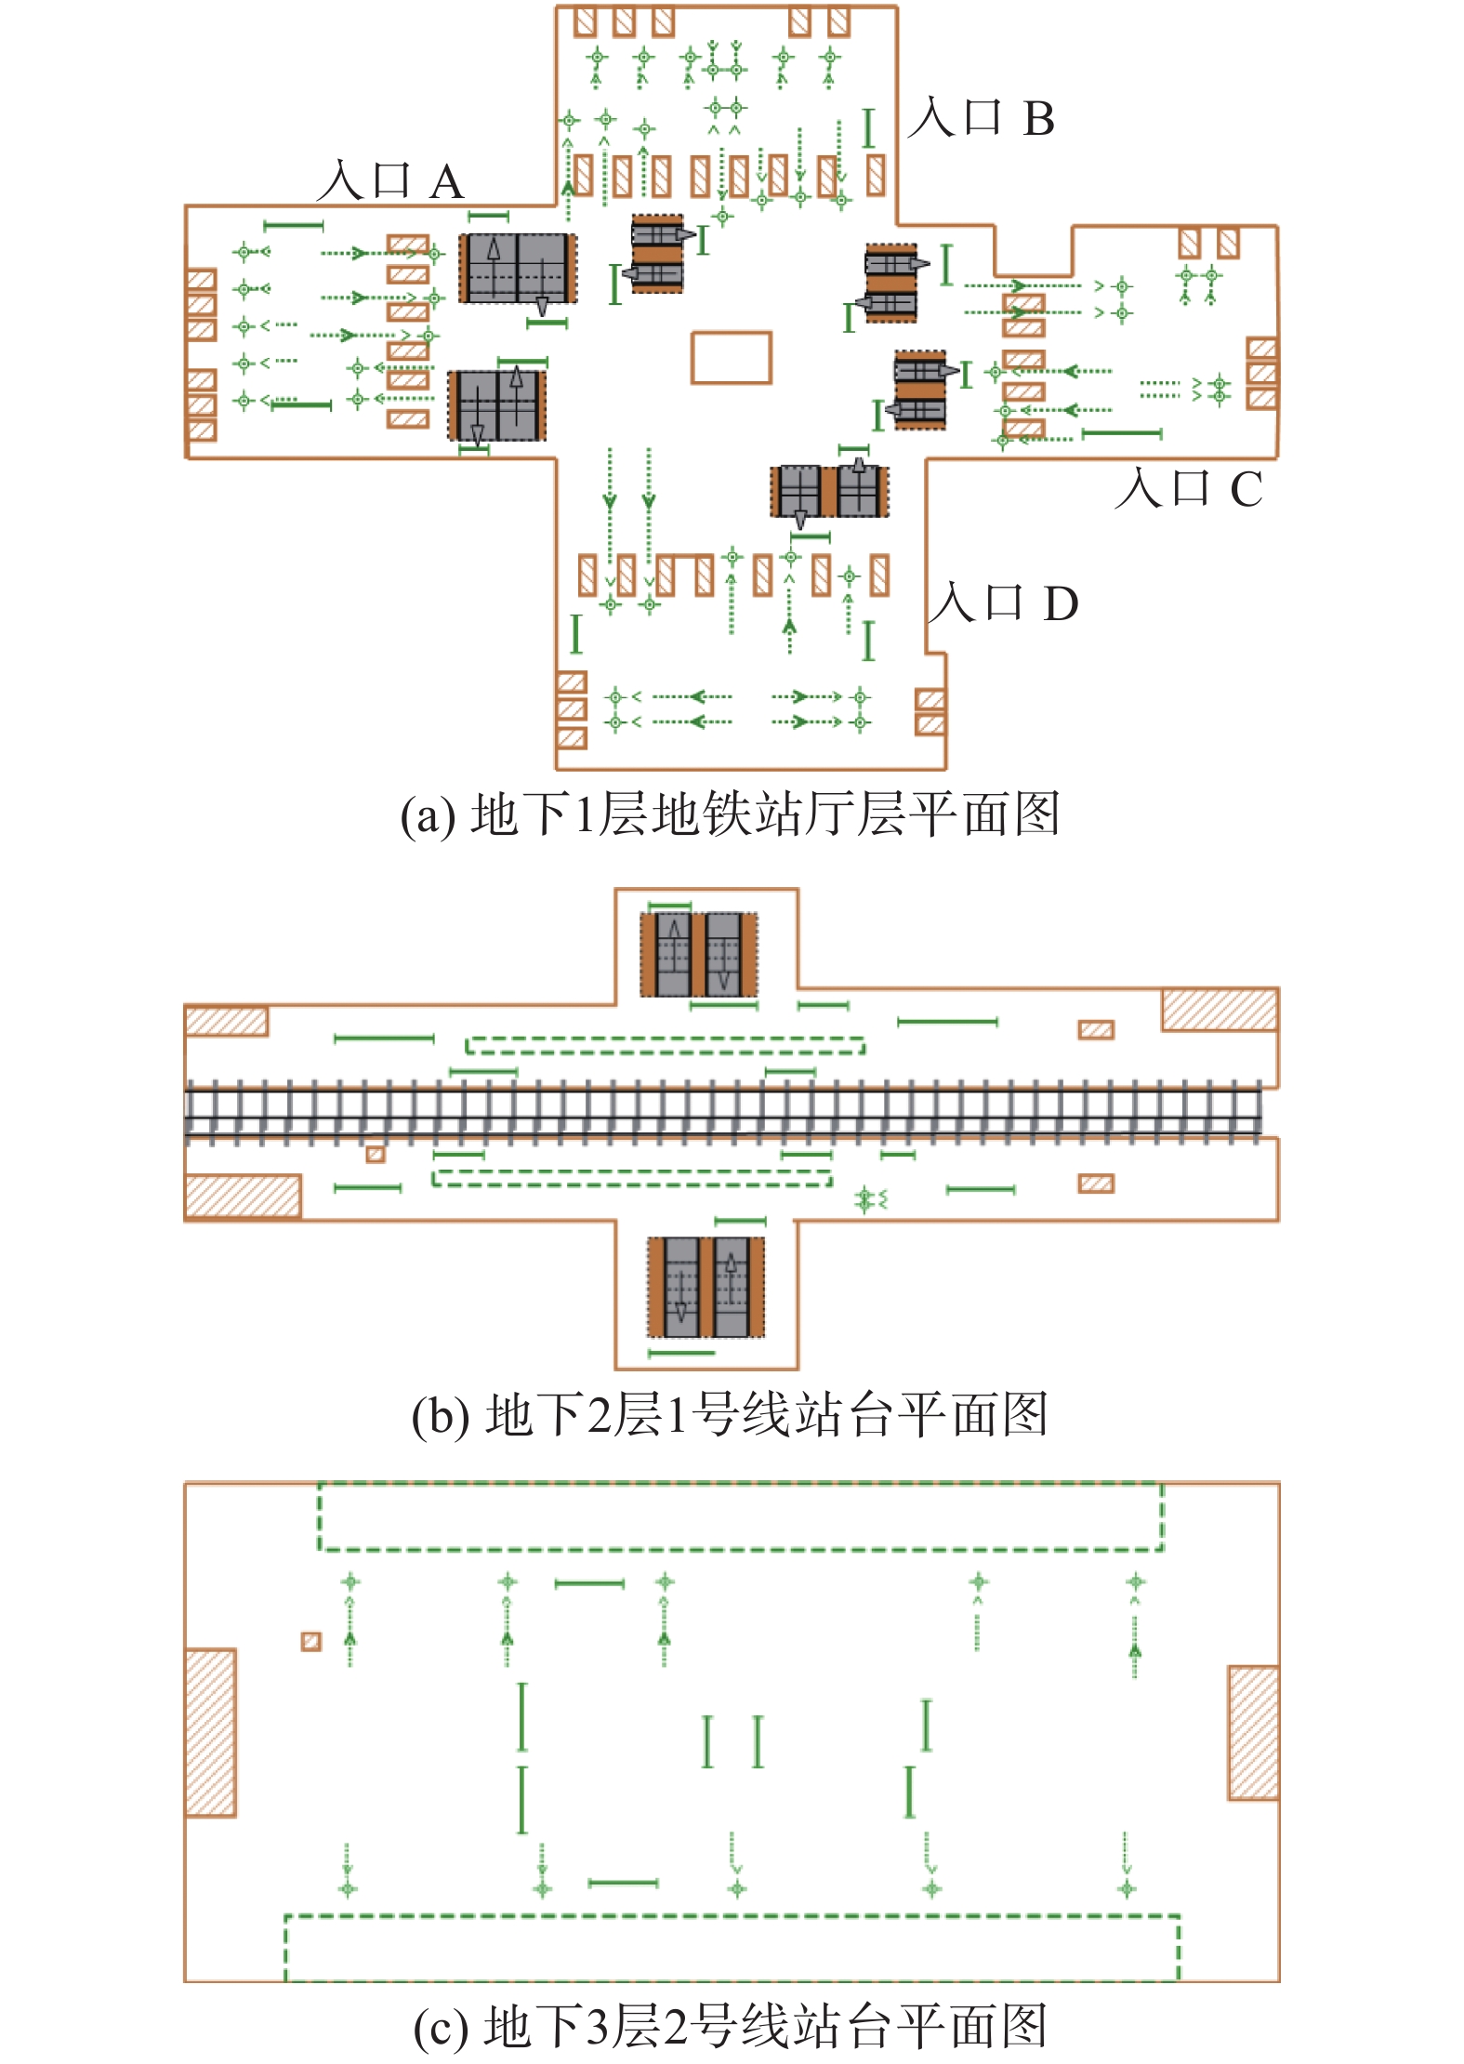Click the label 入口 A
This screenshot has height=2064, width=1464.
point(390,180)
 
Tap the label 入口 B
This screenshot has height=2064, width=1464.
point(982,118)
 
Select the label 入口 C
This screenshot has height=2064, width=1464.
point(1189,488)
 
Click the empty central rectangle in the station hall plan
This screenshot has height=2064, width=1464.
point(731,358)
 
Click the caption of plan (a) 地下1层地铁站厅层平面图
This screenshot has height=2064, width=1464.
point(731,814)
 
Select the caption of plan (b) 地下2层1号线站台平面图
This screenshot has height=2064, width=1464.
point(731,1415)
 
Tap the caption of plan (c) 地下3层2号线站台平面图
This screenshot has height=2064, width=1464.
point(731,2027)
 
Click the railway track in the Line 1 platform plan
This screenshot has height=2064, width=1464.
point(725,1112)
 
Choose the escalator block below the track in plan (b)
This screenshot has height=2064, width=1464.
point(706,1287)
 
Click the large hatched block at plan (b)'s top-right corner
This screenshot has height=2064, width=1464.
point(1220,1010)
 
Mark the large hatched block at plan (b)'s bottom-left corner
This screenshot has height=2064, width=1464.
point(243,1197)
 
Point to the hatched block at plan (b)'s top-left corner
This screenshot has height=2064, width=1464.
point(227,1021)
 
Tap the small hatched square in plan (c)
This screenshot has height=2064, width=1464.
point(311,1642)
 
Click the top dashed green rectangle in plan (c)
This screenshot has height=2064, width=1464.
point(740,1517)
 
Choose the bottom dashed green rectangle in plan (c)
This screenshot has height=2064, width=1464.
point(732,1947)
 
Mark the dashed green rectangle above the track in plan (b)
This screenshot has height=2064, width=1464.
point(665,1046)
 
